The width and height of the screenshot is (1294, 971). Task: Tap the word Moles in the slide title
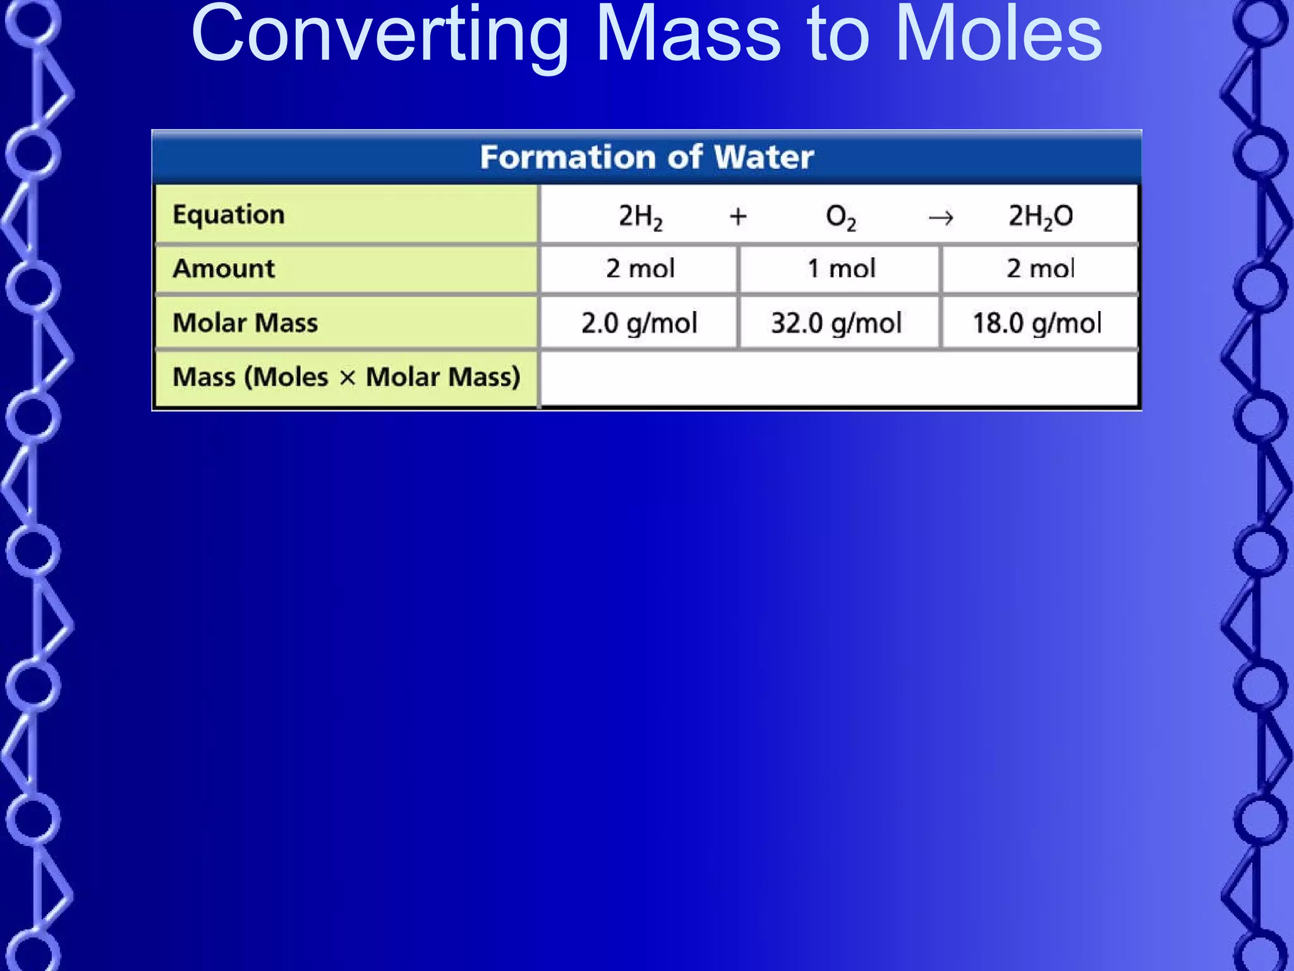point(998,35)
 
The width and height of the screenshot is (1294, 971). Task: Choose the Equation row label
point(229,215)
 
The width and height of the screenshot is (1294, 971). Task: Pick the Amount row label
point(224,269)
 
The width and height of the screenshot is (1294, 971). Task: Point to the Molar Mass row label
point(245,323)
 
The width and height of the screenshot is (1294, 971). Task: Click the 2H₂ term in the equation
point(640,217)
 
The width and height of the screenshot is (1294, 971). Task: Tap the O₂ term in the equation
point(841,217)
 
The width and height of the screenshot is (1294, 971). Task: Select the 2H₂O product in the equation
point(1040,217)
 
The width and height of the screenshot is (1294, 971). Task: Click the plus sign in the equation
point(738,217)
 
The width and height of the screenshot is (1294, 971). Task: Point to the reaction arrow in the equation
point(941,218)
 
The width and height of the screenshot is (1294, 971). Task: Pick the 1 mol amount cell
point(841,269)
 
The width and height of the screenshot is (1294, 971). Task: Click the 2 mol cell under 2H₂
point(640,269)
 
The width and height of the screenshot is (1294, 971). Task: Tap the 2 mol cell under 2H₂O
point(1040,269)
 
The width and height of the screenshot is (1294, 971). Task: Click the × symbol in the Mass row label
point(347,378)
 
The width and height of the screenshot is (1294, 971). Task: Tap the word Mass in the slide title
point(688,35)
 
